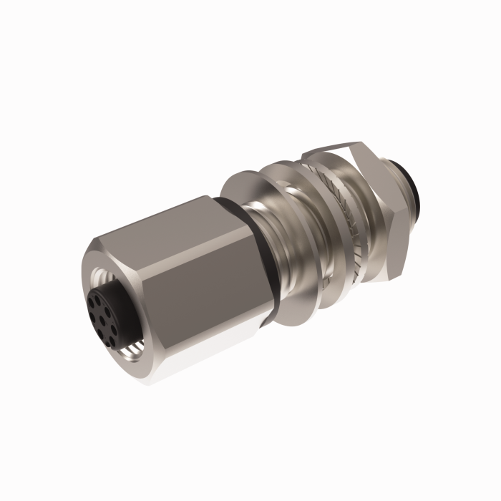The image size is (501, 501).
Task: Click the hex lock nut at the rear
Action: pos(379,215)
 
